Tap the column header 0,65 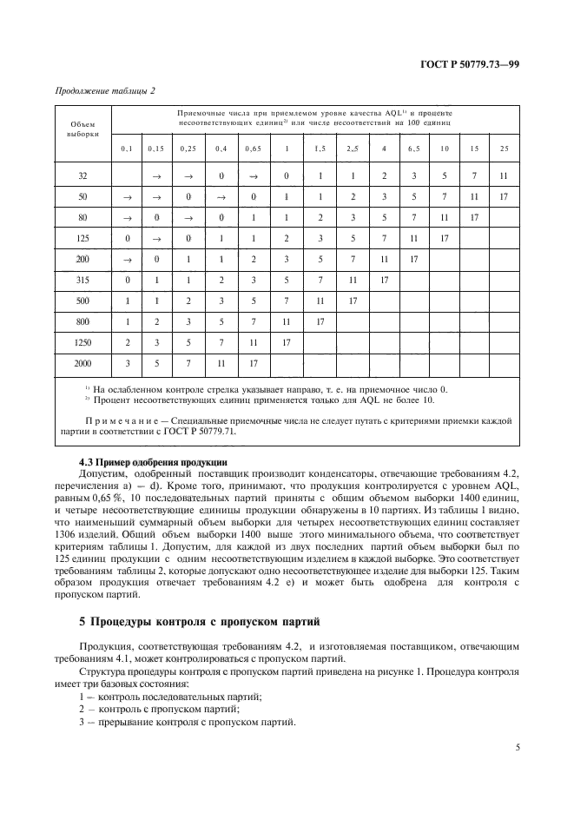click(x=253, y=149)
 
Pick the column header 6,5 click(x=412, y=149)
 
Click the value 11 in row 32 click(x=504, y=176)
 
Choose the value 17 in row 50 click(x=504, y=197)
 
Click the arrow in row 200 click(x=128, y=258)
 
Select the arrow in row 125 click(x=158, y=237)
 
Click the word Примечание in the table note click(x=118, y=420)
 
